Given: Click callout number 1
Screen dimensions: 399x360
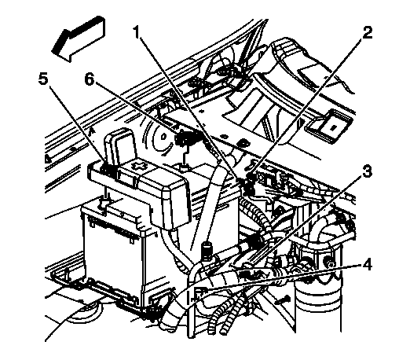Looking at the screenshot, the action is (137, 33).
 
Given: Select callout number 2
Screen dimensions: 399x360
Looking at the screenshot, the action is (367, 33).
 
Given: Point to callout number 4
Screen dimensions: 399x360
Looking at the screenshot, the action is (367, 265).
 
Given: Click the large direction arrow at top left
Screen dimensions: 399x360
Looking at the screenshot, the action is (79, 39).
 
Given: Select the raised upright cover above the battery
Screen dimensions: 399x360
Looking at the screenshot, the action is (120, 147).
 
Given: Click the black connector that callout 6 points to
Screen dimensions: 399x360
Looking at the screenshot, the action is (183, 138).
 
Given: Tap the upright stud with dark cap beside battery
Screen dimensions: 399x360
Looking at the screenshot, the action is (206, 252).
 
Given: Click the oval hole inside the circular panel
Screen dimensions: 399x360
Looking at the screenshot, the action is (163, 136).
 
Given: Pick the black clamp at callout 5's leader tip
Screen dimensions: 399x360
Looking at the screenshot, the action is (108, 170).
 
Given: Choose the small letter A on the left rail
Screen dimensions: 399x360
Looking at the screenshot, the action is (91, 132).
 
